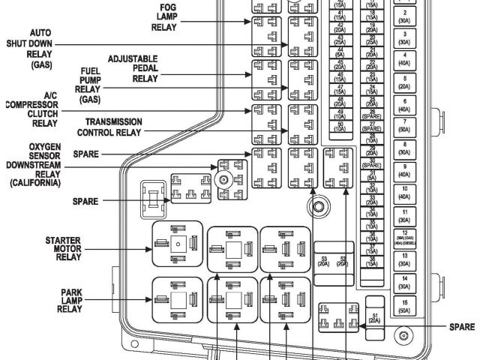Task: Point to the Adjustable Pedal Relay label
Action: (x=132, y=67)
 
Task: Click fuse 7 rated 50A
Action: (x=403, y=124)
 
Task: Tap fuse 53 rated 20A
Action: (x=325, y=262)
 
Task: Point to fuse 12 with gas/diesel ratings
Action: (x=403, y=238)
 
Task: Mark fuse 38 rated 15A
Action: (x=371, y=262)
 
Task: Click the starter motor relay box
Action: (x=177, y=244)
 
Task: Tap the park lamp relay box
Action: (x=177, y=299)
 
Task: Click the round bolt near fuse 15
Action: (x=403, y=336)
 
